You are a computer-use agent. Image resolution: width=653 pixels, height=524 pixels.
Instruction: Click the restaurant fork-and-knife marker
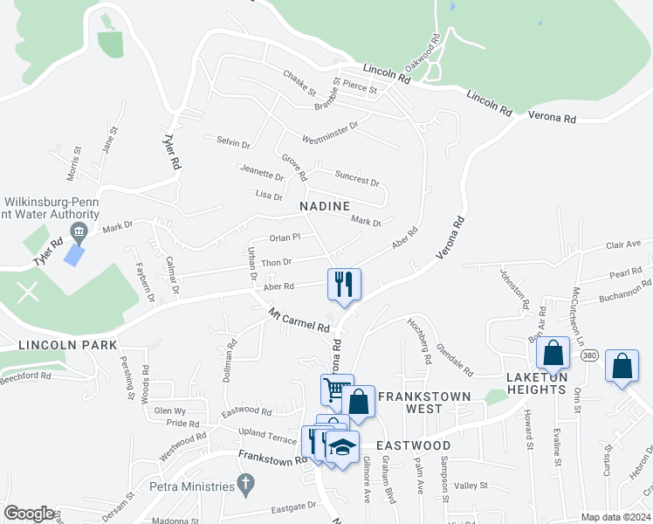(x=343, y=284)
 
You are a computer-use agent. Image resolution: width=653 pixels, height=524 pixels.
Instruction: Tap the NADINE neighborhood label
(x=325, y=206)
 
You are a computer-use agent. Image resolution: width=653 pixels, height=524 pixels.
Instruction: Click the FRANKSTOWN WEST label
(x=424, y=396)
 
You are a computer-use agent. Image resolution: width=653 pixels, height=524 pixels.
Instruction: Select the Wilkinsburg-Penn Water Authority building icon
(x=79, y=231)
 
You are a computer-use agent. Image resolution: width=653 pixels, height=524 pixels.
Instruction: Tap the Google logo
(x=29, y=514)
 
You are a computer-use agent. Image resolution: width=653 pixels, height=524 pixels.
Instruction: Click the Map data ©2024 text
(x=615, y=517)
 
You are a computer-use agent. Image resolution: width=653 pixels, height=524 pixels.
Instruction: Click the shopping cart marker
(x=336, y=390)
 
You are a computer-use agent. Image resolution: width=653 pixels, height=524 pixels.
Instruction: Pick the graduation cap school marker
(x=342, y=446)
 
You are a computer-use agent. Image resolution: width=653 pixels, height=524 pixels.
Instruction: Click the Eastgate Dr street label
(x=293, y=507)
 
